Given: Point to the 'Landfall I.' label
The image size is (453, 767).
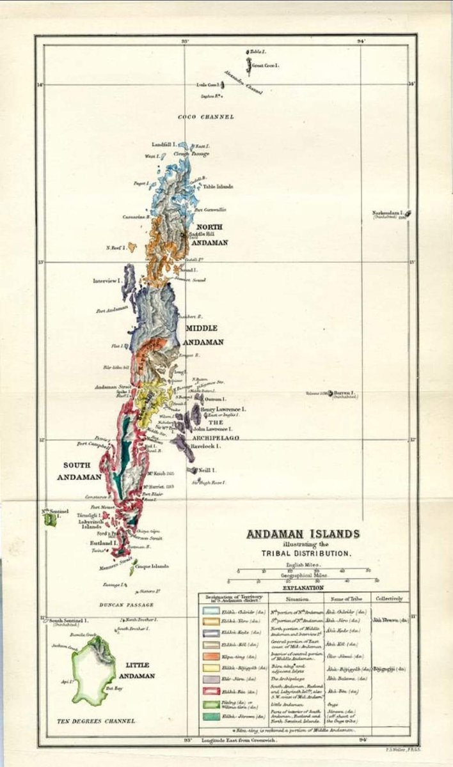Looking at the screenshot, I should point(164,144).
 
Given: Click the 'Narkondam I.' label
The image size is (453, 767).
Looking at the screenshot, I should point(388,213).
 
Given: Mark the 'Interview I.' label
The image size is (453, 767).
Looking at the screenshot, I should point(107,281).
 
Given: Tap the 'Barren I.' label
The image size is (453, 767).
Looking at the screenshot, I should point(344,392).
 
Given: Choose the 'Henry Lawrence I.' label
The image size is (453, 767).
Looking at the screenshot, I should point(223,409).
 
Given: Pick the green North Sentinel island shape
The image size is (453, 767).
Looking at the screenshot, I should point(50,520).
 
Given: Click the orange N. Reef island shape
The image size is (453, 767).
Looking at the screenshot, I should point(132,247).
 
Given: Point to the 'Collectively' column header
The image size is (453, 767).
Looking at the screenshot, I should point(389,599).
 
